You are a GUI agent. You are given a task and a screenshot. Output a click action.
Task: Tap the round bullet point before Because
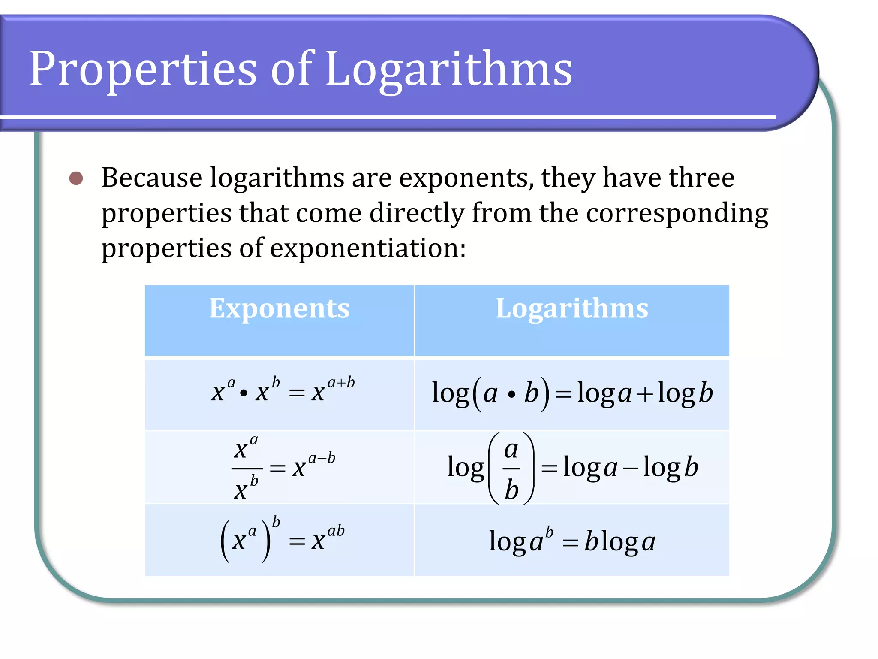coord(76,178)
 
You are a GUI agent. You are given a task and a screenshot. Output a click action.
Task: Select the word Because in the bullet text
coord(152,178)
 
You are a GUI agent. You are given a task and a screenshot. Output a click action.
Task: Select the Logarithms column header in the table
coord(572,309)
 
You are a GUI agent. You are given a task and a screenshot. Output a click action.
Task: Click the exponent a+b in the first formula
coord(341,382)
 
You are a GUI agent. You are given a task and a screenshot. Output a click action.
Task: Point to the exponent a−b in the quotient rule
coord(322,458)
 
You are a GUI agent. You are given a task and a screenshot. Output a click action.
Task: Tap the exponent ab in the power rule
coord(336,531)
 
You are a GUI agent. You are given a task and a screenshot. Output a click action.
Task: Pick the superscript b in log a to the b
coord(549,532)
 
